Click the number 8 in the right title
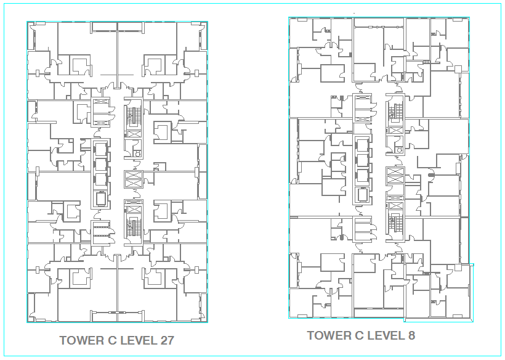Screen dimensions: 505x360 tap(411, 335)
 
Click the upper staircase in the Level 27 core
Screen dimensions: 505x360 tap(134, 115)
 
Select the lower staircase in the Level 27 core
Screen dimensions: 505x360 tap(134, 227)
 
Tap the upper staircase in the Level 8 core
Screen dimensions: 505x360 tap(395, 112)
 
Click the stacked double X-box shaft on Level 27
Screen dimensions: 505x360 tap(134, 179)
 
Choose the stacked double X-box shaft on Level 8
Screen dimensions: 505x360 tap(395, 176)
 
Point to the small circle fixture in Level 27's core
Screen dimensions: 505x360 tap(138, 154)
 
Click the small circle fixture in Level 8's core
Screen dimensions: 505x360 tap(400, 150)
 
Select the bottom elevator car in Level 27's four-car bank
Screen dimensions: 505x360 tap(101, 198)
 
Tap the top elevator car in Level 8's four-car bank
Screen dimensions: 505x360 tap(362, 145)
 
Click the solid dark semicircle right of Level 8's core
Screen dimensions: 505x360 tap(431, 175)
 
